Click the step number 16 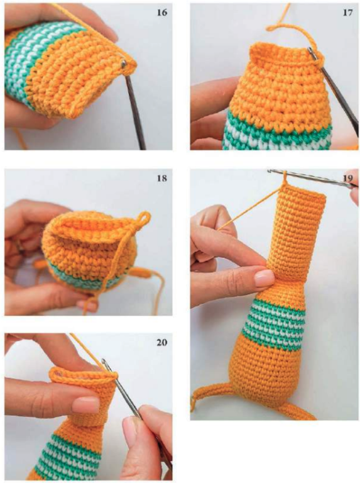162,13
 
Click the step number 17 347,13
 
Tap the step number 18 161,179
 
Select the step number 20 161,342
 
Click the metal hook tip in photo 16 124,64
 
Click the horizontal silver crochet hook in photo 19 311,177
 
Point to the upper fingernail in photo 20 86,404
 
